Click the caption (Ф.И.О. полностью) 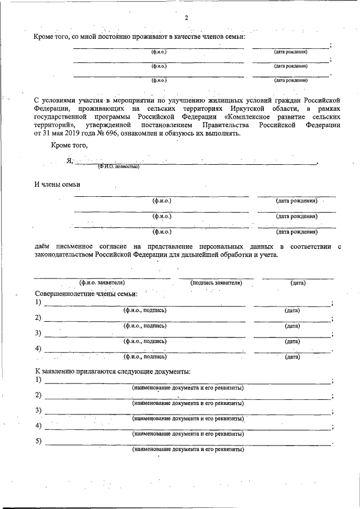point(118,166)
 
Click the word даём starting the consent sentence point(44,247)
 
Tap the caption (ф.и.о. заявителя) point(102,283)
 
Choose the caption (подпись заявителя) point(216,283)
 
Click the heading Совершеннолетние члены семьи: point(86,294)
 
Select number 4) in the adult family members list point(38,348)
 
